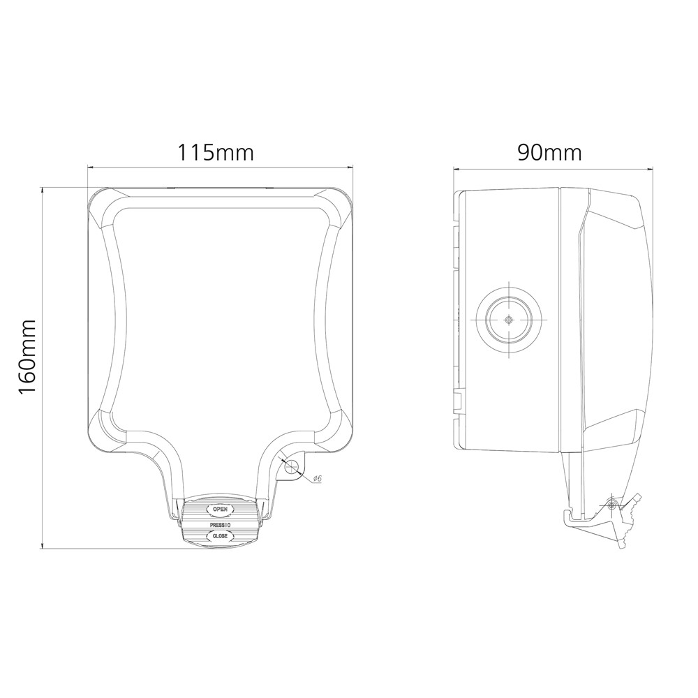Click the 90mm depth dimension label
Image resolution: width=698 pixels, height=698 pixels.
coord(549,151)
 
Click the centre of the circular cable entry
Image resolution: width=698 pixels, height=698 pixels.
coord(509,319)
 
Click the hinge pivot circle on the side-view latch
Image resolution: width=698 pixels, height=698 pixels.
coord(612,505)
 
